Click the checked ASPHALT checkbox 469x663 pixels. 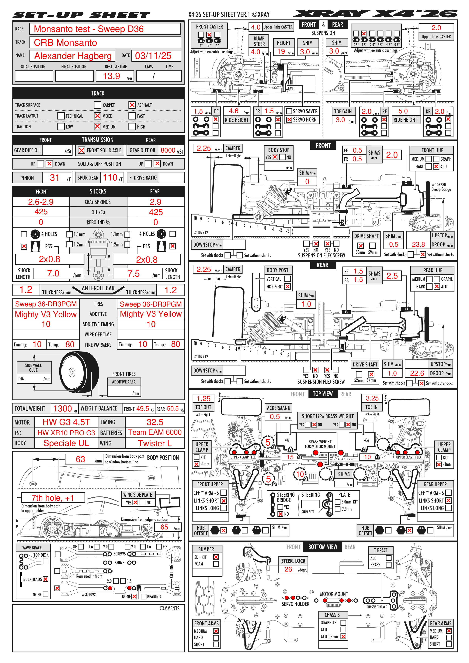point(132,105)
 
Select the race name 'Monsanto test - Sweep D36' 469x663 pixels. point(89,29)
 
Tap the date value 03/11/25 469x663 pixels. point(153,56)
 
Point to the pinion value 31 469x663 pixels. point(55,178)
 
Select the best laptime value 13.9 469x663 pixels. point(112,76)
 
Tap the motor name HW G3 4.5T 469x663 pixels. point(66,422)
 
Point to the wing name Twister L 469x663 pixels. point(155,443)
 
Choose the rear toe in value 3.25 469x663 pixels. point(372,398)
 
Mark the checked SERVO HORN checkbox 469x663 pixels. point(289,120)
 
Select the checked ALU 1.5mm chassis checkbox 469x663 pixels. point(343,636)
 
